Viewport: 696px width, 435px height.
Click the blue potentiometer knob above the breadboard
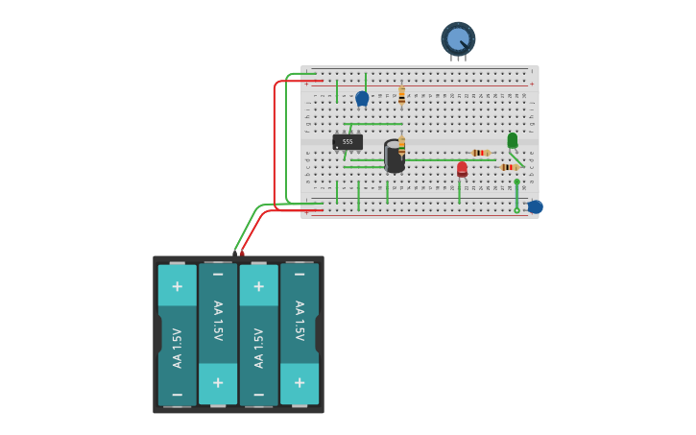(x=458, y=38)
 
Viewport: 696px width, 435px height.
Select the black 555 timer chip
(x=348, y=141)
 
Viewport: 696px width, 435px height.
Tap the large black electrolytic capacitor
(x=393, y=157)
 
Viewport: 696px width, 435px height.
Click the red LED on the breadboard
(x=462, y=169)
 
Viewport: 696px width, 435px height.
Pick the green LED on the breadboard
(x=512, y=140)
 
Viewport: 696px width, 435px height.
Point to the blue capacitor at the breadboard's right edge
(x=535, y=206)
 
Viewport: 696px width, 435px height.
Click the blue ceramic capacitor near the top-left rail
(x=362, y=98)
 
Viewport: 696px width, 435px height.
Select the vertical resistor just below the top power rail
(x=401, y=94)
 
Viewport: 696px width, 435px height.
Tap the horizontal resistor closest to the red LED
(x=481, y=153)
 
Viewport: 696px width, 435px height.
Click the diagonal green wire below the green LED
(x=516, y=157)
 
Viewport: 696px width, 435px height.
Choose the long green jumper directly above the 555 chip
(x=375, y=124)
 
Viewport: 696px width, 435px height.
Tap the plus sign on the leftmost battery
(x=177, y=286)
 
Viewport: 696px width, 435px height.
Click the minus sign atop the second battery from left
(x=218, y=274)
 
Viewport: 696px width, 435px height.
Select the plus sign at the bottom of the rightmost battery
(x=300, y=383)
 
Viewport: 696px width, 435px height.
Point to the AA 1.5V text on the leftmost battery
(x=177, y=348)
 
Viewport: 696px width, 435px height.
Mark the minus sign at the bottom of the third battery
(x=258, y=395)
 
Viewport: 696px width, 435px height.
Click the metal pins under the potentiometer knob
(x=458, y=59)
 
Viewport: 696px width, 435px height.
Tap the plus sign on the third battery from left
(x=258, y=286)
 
